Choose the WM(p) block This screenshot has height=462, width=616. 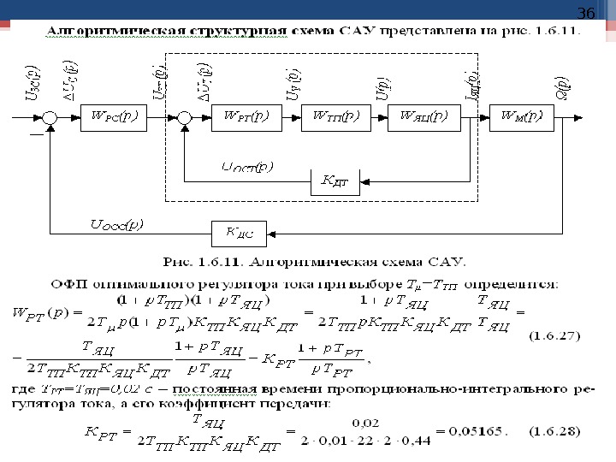(520, 116)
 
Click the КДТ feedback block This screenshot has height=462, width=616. (335, 181)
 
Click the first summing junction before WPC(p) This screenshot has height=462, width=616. (51, 117)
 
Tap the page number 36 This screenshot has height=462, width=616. (585, 14)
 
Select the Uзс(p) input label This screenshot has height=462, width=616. (33, 82)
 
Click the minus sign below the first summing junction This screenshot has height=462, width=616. (37, 135)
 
